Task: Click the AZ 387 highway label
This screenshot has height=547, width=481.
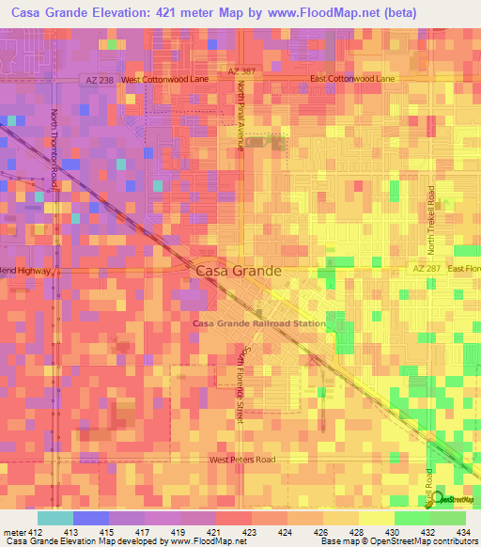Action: pyautogui.click(x=241, y=72)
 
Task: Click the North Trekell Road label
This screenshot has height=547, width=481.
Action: pyautogui.click(x=432, y=221)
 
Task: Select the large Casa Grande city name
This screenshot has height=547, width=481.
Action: pyautogui.click(x=239, y=270)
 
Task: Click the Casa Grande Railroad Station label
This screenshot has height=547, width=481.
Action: pyautogui.click(x=259, y=323)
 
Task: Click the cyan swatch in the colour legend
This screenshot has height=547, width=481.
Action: pyautogui.click(x=54, y=518)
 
